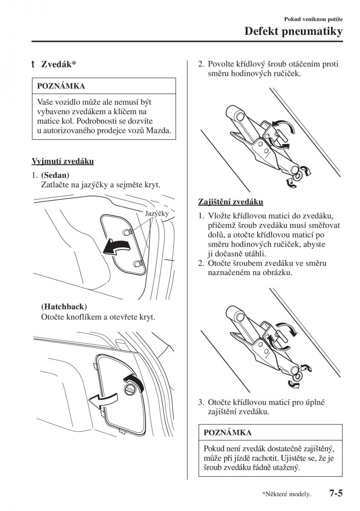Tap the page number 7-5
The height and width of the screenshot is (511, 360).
[x=336, y=494]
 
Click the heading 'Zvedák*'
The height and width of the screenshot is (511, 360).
[x=58, y=64]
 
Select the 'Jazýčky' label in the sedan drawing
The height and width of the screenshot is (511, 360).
[x=157, y=214]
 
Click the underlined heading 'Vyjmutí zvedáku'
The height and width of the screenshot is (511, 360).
[x=63, y=161]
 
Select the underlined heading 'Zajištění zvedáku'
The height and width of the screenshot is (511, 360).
[x=230, y=201]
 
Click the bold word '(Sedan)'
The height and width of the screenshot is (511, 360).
[x=55, y=175]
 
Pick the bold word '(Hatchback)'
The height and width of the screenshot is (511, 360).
[x=64, y=307]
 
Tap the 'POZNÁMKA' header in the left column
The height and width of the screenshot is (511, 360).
[x=61, y=86]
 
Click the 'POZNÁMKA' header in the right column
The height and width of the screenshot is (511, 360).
[x=228, y=433]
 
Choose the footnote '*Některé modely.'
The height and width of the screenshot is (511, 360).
[x=287, y=495]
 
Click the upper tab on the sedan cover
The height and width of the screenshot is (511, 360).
[x=126, y=231]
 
